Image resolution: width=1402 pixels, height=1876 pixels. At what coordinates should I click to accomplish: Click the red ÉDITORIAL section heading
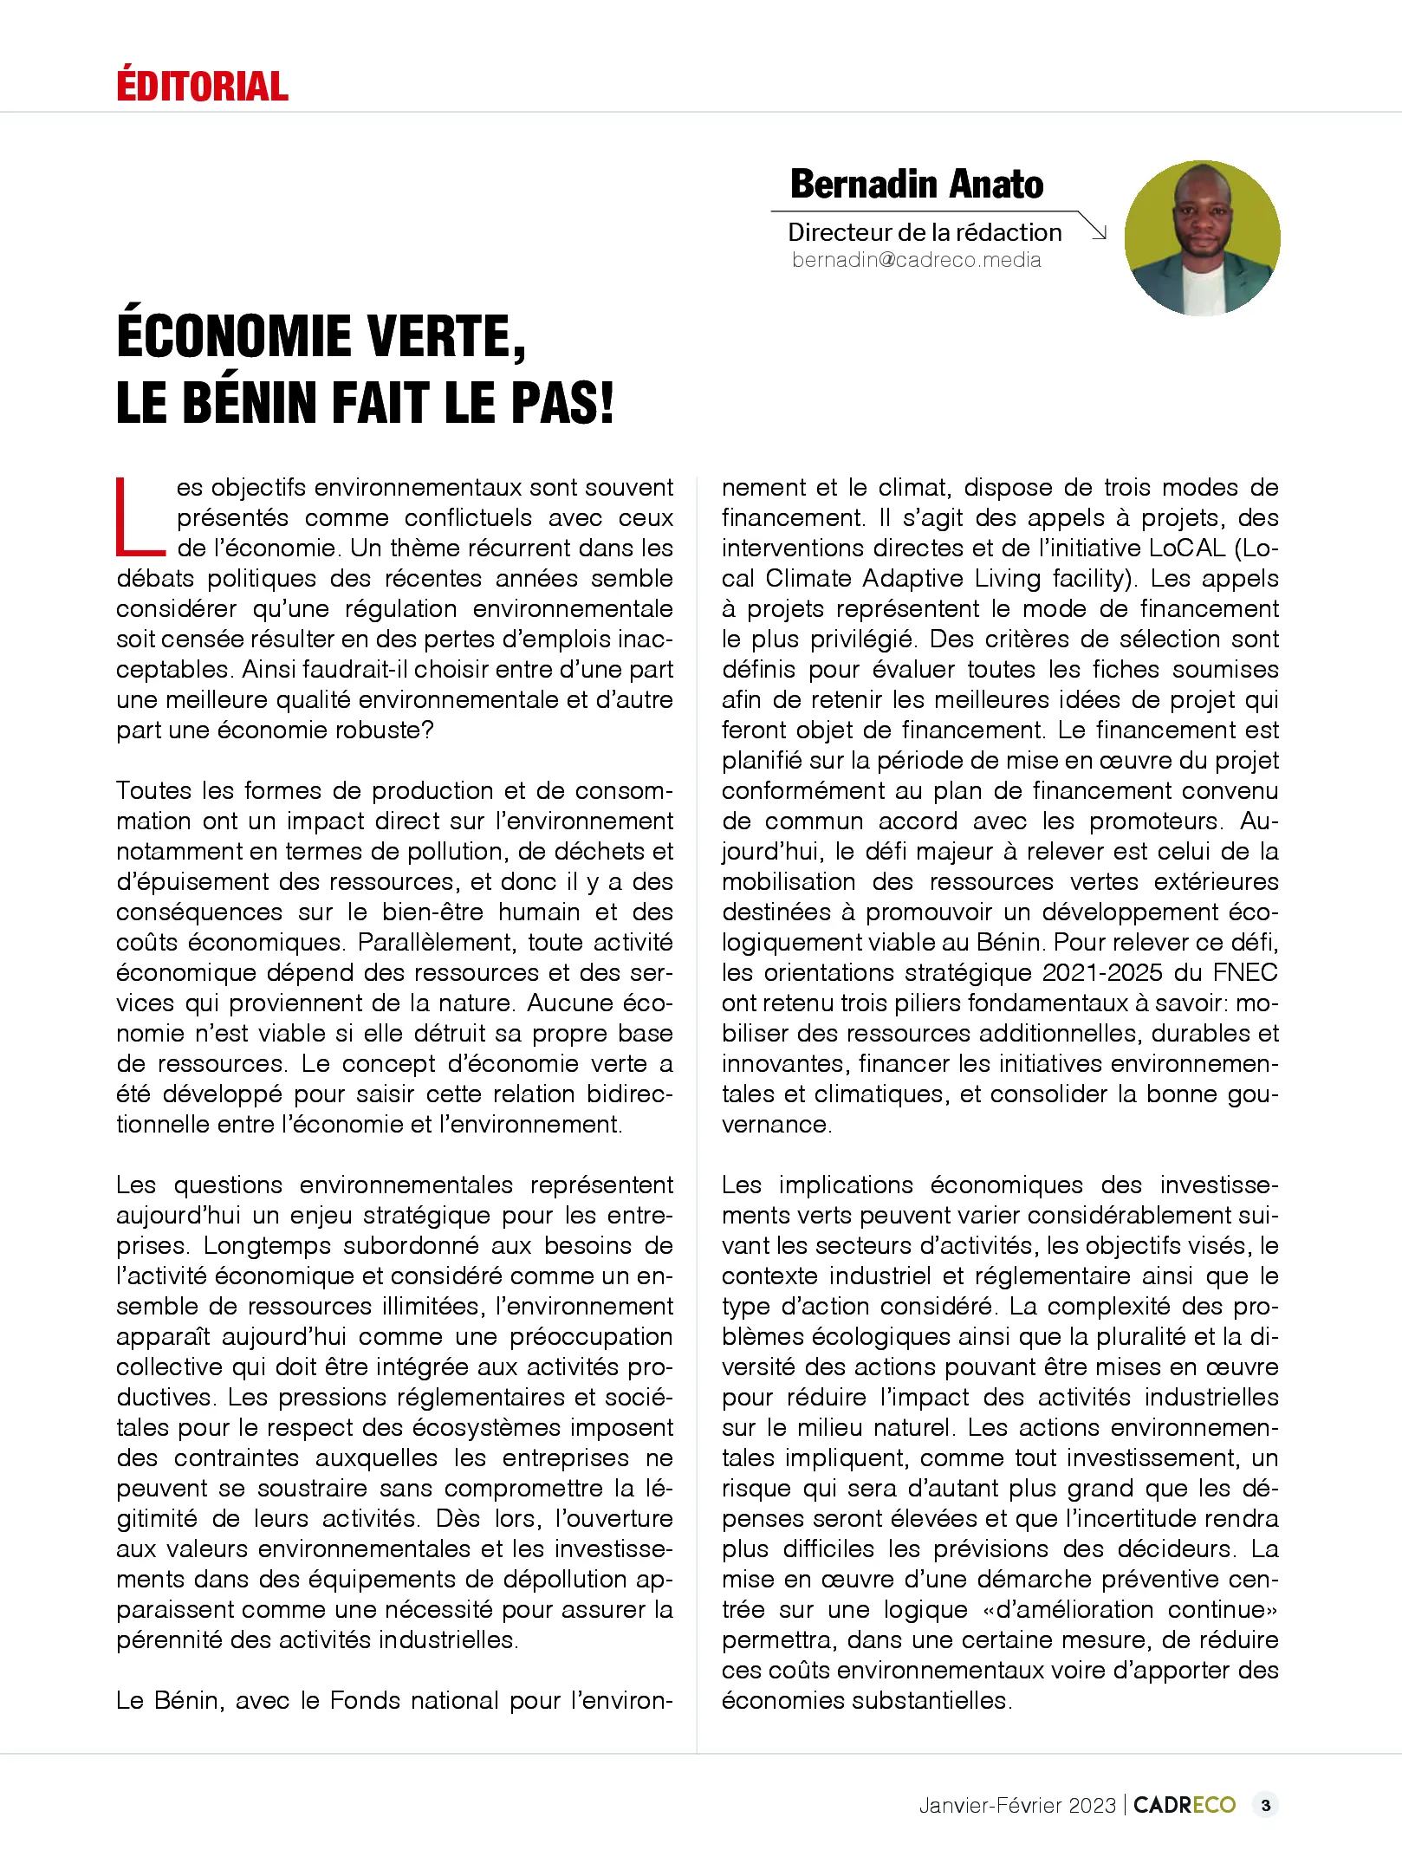click(202, 86)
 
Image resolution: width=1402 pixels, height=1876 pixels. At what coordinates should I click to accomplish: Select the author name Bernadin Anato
click(916, 184)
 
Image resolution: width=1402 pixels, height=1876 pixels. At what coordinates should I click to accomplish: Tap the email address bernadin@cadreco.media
click(916, 260)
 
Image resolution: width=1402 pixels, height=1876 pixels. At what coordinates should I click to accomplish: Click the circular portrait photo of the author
click(1202, 237)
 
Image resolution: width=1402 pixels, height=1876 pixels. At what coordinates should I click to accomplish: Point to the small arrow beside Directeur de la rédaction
click(1096, 229)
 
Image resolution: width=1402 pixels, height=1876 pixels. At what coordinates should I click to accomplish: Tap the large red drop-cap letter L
click(139, 517)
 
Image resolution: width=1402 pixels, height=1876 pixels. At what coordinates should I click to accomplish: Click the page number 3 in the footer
click(1265, 1805)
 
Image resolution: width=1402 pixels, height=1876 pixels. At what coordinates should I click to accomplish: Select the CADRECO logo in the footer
click(1184, 1805)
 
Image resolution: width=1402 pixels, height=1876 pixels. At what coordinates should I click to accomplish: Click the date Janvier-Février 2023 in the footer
click(1017, 1805)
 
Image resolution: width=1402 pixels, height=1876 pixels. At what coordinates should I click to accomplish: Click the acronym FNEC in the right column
click(1244, 973)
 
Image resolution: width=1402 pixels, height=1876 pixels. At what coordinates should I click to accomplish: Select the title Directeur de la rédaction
click(925, 232)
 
